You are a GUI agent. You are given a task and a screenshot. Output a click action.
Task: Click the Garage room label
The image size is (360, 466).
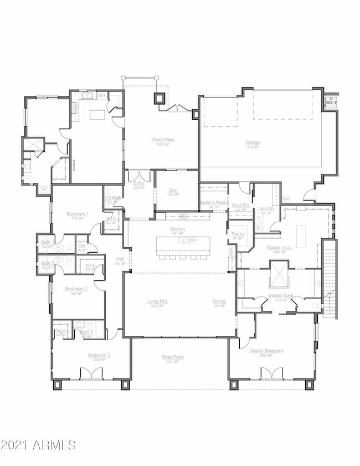tap(253, 142)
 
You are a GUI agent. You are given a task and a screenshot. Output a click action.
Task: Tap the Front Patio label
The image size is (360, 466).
tap(163, 140)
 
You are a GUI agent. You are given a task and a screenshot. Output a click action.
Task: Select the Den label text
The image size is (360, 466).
tap(173, 190)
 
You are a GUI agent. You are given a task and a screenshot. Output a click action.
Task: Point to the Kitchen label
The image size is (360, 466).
tap(178, 228)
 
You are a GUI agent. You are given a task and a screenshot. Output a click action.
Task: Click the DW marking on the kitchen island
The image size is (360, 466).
tap(192, 240)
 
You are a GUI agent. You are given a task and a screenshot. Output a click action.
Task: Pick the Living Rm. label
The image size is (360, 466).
tap(157, 301)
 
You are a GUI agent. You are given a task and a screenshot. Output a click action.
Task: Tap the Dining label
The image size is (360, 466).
tap(219, 301)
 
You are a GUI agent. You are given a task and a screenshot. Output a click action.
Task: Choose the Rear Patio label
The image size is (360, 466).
tap(172, 357)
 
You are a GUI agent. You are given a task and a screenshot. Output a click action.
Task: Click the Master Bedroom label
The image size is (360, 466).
tap(266, 351)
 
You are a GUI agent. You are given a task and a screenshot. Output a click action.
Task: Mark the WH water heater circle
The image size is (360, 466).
tap(286, 198)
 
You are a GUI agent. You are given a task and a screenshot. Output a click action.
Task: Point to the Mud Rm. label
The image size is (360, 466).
tap(240, 205)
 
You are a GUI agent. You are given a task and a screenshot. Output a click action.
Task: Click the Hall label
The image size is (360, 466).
tap(120, 259)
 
